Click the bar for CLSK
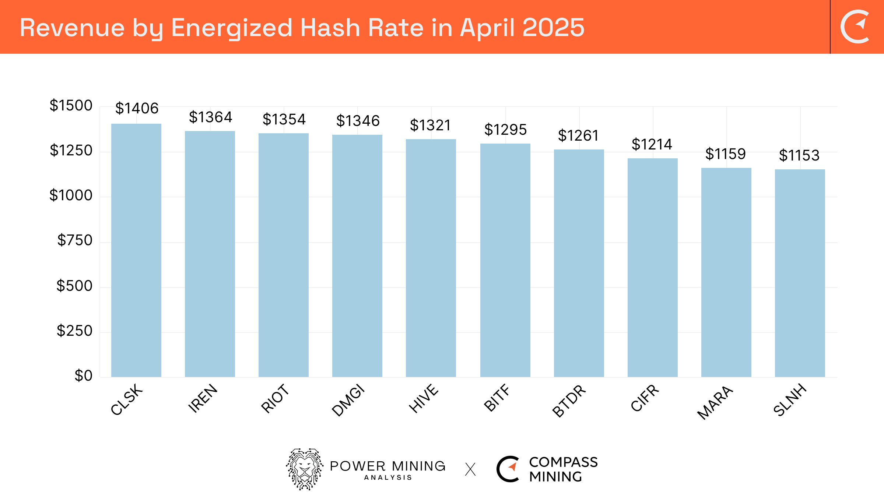[136, 250]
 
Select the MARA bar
[726, 272]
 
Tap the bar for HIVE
[431, 258]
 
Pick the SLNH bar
[800, 273]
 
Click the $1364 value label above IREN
[210, 117]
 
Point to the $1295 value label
[505, 130]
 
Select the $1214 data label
[652, 144]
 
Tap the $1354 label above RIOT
[284, 120]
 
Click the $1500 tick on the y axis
[71, 106]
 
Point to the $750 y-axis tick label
[75, 240]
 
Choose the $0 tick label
[83, 376]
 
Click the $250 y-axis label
[74, 331]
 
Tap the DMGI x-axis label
[348, 400]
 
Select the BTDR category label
[569, 401]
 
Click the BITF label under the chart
[497, 398]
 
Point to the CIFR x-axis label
[645, 398]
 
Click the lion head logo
[305, 469]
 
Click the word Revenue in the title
[72, 28]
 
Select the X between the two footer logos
[470, 469]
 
